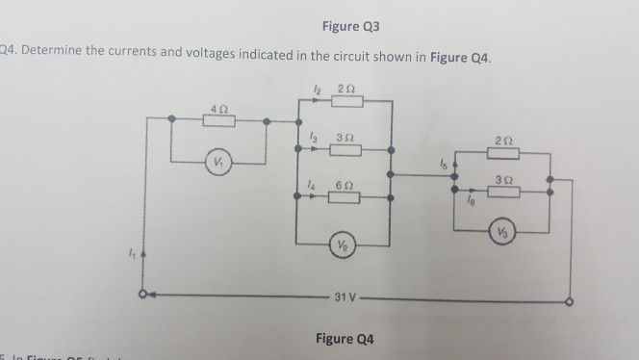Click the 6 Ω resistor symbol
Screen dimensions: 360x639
click(343, 196)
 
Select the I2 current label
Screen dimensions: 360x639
click(306, 90)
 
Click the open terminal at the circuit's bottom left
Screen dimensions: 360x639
click(143, 295)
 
